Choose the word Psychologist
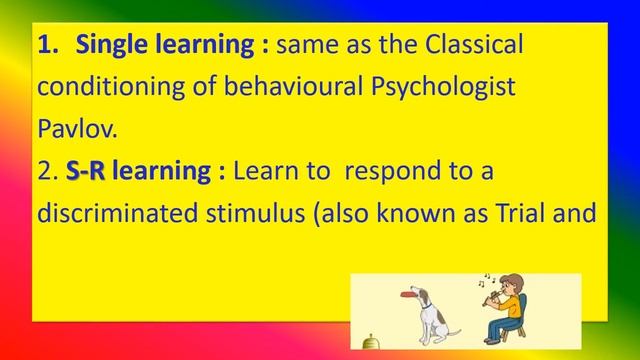439,88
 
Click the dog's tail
456,331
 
